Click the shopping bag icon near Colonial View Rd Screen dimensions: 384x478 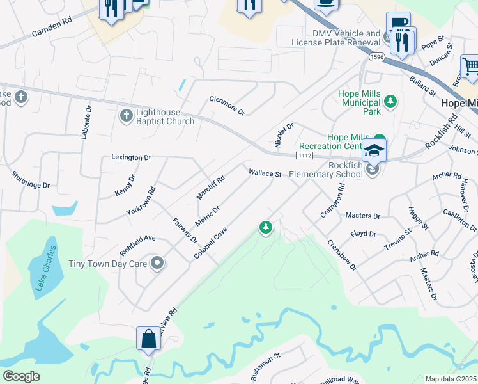[x=148, y=339]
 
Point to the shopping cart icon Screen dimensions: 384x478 [x=470, y=66]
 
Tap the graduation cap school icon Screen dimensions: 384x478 [x=374, y=151]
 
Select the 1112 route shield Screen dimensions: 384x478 [x=304, y=156]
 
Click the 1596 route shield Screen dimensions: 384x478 [x=376, y=57]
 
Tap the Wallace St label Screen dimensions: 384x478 [x=265, y=173]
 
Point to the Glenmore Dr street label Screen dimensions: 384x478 [x=227, y=106]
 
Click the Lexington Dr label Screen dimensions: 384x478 [x=131, y=157]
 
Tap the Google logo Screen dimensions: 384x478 [x=21, y=376]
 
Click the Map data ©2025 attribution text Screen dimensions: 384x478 [x=451, y=379]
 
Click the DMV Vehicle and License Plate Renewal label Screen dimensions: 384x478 [x=336, y=38]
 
